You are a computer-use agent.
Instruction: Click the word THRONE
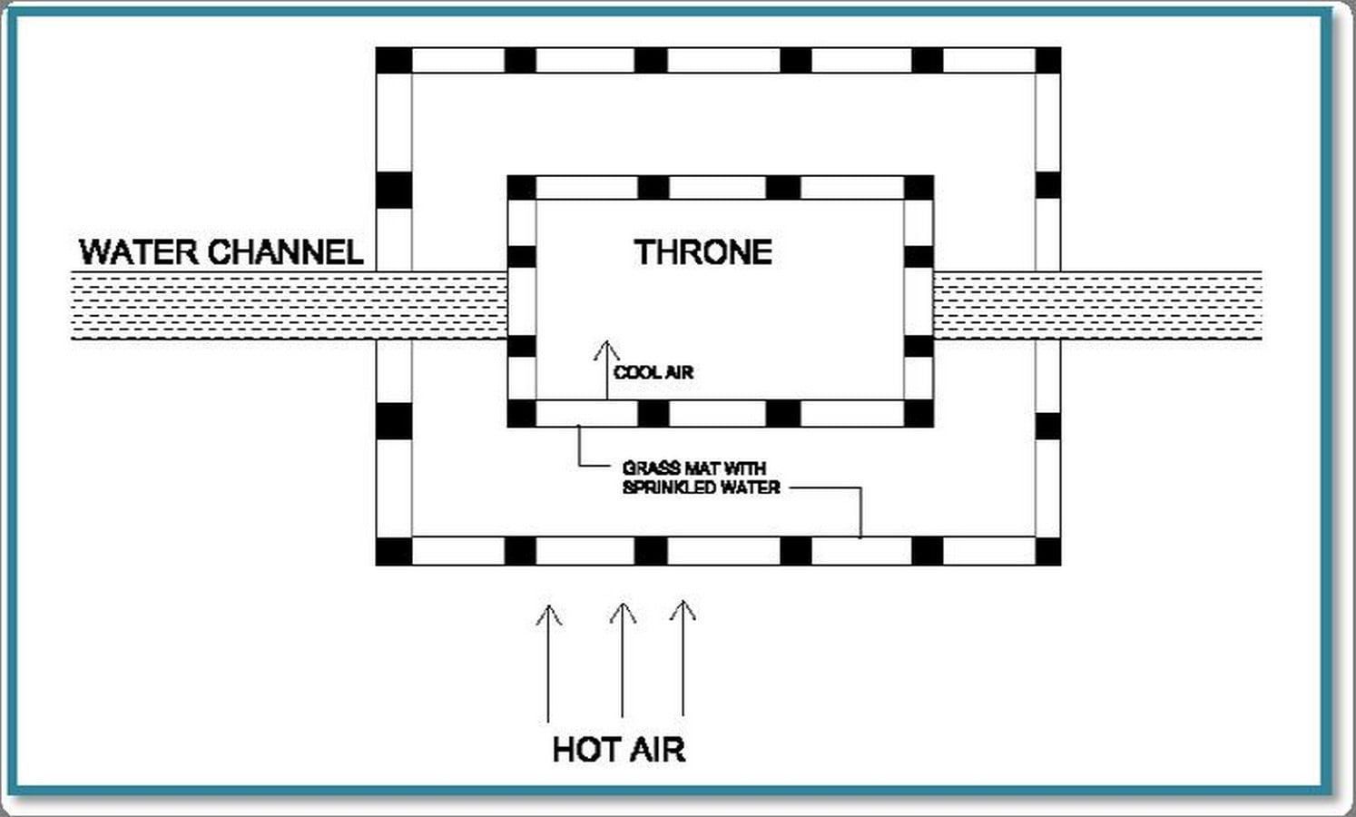pos(703,252)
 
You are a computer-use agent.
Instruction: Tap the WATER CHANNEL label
pos(221,252)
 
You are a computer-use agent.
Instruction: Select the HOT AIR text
pos(619,749)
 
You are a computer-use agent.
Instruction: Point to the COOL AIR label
pos(653,372)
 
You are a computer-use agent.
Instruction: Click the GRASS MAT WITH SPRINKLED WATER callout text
pos(701,477)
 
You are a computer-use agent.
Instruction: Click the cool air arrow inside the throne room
pos(606,370)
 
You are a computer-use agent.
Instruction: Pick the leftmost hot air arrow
pos(548,664)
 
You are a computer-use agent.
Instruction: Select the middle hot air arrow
pos(623,660)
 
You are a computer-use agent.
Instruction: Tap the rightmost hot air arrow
pos(683,658)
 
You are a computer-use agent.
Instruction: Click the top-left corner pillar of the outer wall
pos(394,61)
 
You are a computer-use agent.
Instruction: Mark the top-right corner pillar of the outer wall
pos(1048,61)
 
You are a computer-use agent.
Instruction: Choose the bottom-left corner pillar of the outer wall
pos(394,551)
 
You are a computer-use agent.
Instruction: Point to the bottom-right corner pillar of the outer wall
pos(1048,551)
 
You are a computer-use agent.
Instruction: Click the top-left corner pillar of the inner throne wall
pos(521,188)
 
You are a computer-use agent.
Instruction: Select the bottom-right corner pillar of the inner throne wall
pos(919,414)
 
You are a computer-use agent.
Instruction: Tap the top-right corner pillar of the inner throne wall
pos(919,188)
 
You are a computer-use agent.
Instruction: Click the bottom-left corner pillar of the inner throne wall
pos(521,414)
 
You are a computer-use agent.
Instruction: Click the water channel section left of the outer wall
pos(224,305)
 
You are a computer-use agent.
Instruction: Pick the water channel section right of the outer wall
pos(1161,305)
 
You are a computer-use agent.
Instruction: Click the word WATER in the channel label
pos(139,252)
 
